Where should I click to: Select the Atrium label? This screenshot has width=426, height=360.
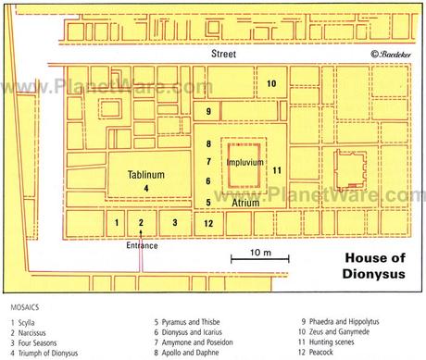[245, 201]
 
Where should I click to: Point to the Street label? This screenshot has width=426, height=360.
[222, 55]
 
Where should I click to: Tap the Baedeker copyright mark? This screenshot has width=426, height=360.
[390, 55]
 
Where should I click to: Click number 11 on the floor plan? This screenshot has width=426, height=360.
[277, 169]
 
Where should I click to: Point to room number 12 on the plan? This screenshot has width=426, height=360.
[209, 223]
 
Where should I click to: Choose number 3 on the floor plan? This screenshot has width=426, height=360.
[174, 223]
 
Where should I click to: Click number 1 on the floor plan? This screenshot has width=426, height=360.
[117, 223]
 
